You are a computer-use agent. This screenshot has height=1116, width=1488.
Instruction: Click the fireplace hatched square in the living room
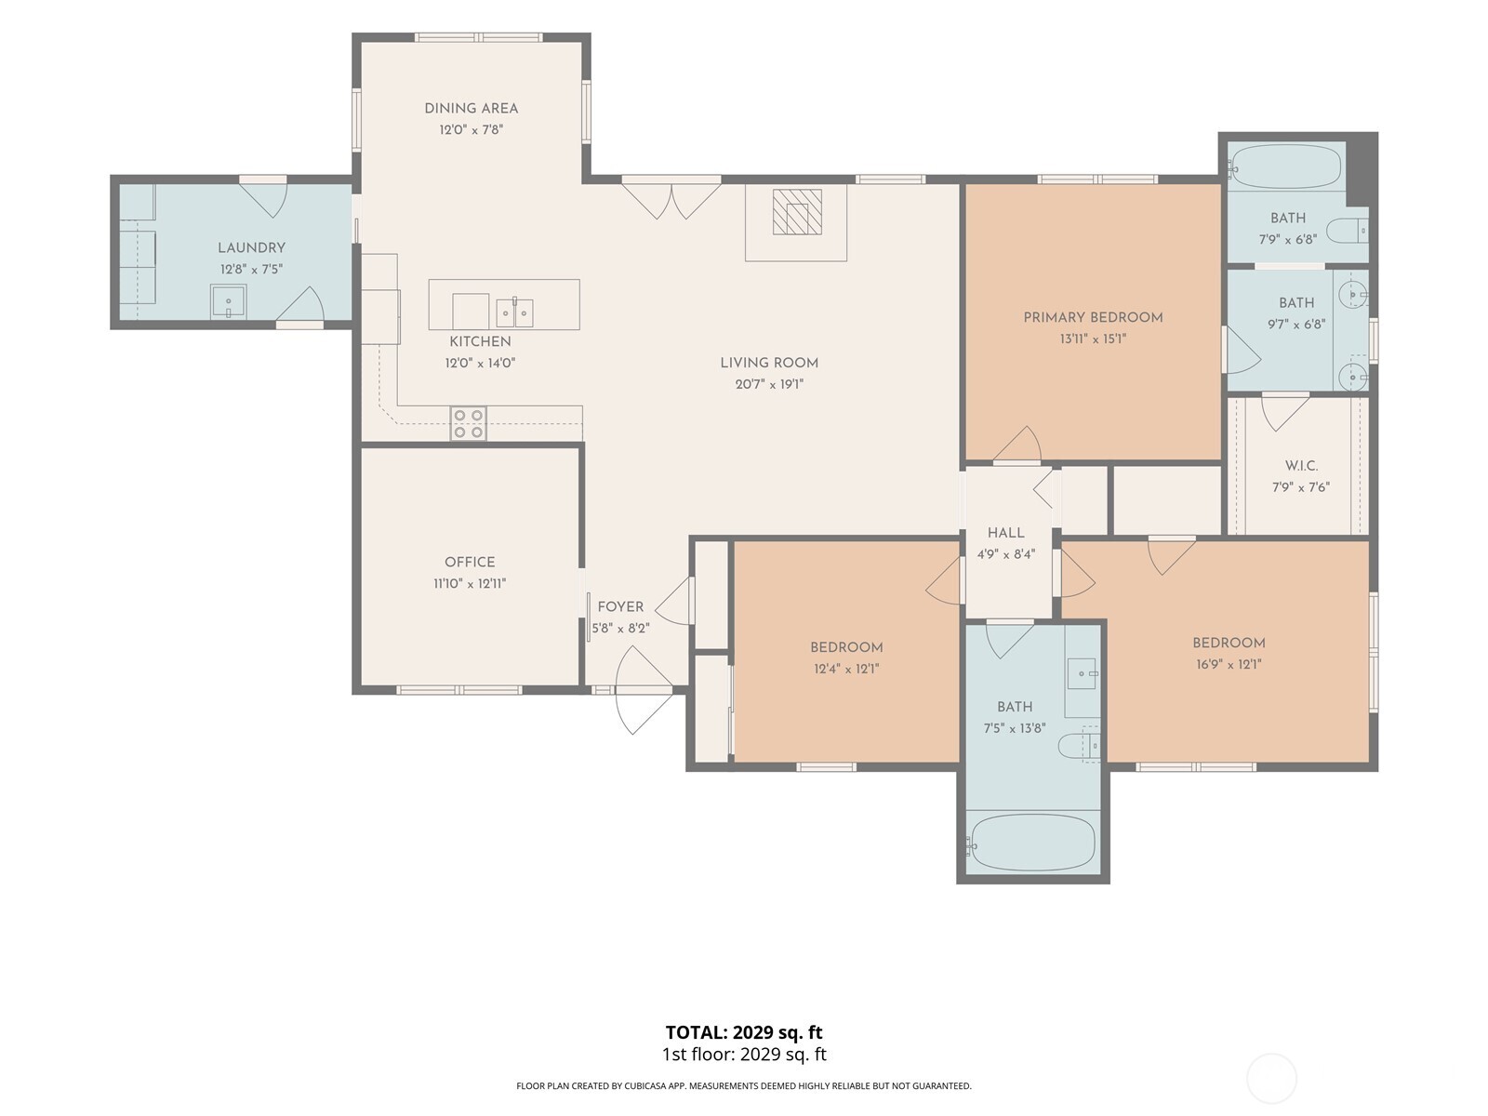click(x=796, y=212)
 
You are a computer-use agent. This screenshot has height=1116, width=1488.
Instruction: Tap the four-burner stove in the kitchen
click(x=468, y=423)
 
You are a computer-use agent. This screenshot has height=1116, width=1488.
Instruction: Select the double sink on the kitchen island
click(x=514, y=312)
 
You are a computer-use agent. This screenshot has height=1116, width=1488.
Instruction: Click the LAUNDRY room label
click(x=251, y=248)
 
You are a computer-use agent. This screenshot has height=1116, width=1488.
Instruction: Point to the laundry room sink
click(x=228, y=301)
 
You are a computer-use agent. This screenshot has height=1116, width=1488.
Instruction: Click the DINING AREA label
click(x=472, y=109)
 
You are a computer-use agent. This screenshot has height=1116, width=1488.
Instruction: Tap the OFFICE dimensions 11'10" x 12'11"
click(x=470, y=583)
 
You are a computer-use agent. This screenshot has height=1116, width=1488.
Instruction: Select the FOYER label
click(x=620, y=607)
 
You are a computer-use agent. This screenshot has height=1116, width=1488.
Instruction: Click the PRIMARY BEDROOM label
click(x=1093, y=317)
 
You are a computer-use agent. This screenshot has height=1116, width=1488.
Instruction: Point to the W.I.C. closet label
click(x=1301, y=466)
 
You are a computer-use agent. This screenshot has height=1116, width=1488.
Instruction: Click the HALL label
click(x=1006, y=533)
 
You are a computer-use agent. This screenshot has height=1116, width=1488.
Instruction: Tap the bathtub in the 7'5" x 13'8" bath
click(x=1032, y=843)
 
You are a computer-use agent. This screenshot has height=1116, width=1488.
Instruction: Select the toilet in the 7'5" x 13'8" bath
click(x=1079, y=745)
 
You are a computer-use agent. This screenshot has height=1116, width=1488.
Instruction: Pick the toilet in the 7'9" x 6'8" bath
click(x=1347, y=231)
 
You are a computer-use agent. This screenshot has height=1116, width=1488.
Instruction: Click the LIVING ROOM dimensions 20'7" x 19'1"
click(x=769, y=384)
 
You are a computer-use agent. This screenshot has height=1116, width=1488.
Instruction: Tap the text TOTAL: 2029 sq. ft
click(x=744, y=1032)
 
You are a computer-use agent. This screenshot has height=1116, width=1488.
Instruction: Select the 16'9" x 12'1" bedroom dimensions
click(x=1229, y=664)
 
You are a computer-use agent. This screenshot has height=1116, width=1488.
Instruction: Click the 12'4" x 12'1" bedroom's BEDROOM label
click(x=846, y=647)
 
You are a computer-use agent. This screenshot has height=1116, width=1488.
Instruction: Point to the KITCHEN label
click(x=480, y=341)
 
